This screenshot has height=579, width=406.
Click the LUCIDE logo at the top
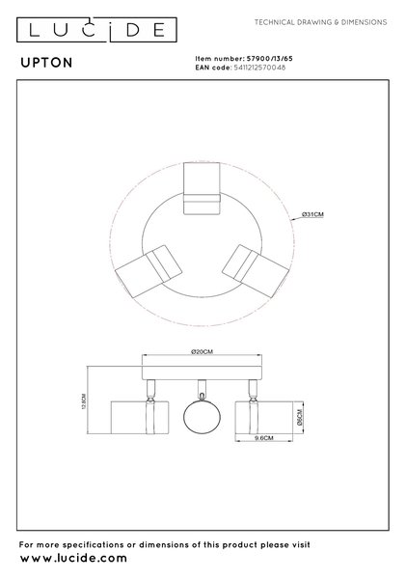click(96, 30)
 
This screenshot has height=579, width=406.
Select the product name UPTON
click(46, 63)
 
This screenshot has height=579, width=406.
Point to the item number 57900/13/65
click(270, 58)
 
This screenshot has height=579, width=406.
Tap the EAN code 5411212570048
click(259, 68)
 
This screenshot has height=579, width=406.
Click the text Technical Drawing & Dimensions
click(321, 22)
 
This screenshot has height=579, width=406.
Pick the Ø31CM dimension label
click(312, 214)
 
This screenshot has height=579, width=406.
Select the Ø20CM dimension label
click(202, 351)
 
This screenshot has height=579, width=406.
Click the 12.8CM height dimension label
click(83, 400)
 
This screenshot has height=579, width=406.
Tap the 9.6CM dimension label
click(264, 438)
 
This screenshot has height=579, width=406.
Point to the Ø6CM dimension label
click(299, 417)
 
